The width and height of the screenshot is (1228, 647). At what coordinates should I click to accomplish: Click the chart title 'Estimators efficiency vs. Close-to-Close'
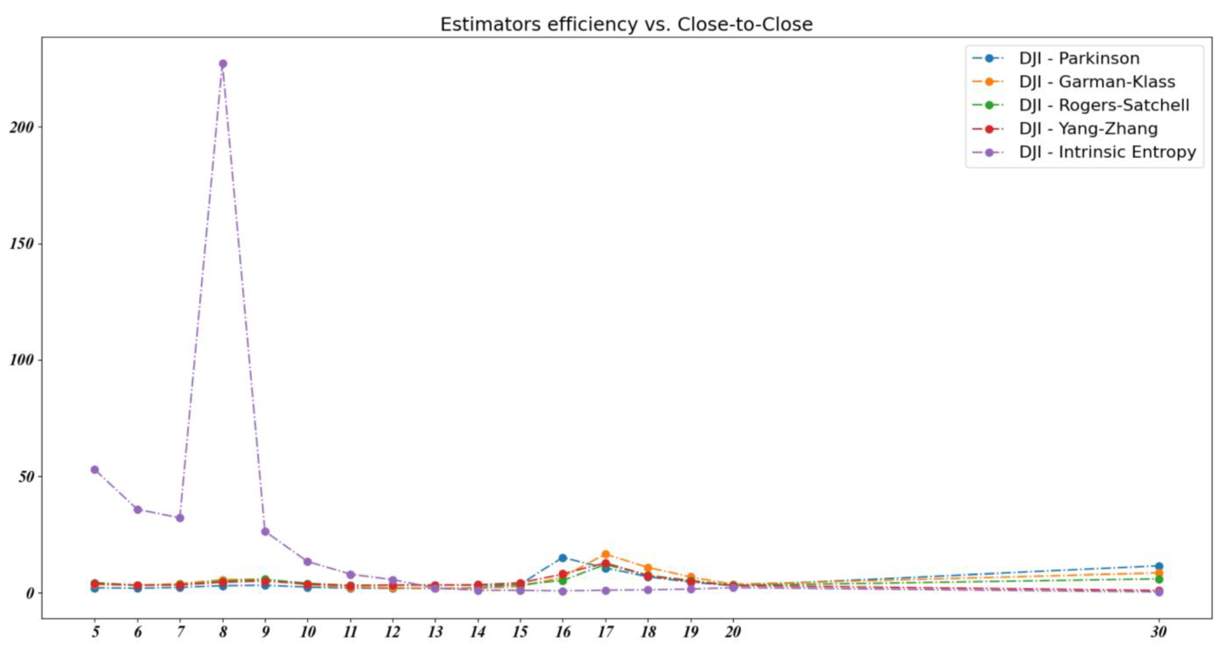pos(626,24)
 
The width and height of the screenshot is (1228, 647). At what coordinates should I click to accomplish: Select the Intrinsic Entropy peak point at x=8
pos(223,64)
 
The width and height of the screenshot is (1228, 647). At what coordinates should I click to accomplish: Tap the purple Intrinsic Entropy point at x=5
pos(95,470)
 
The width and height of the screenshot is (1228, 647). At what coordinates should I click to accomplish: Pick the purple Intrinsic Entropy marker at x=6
pos(138,510)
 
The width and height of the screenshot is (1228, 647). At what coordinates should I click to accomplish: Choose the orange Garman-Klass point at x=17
pos(605,554)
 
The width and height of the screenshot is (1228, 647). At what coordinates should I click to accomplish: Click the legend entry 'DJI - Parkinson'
pos(1079,59)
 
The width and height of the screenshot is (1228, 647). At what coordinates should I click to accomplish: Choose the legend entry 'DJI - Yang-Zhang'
pos(1088,129)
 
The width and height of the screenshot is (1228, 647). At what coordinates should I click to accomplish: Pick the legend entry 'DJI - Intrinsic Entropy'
pos(1107,152)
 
